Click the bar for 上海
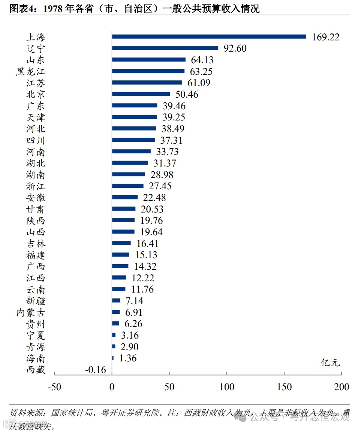click(209, 37)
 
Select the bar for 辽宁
click(165, 48)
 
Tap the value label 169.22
click(325, 37)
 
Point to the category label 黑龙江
click(30, 71)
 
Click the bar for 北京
click(141, 94)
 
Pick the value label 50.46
click(187, 94)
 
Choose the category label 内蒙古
click(30, 312)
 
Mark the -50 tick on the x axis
click(54, 387)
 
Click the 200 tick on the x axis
click(342, 387)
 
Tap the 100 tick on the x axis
click(226, 387)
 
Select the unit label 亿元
click(330, 362)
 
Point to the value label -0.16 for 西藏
click(95, 370)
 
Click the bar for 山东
click(149, 60)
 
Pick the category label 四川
click(36, 141)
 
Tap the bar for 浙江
click(128, 186)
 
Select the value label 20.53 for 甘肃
click(152, 209)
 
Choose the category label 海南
click(36, 358)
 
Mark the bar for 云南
click(119, 289)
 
